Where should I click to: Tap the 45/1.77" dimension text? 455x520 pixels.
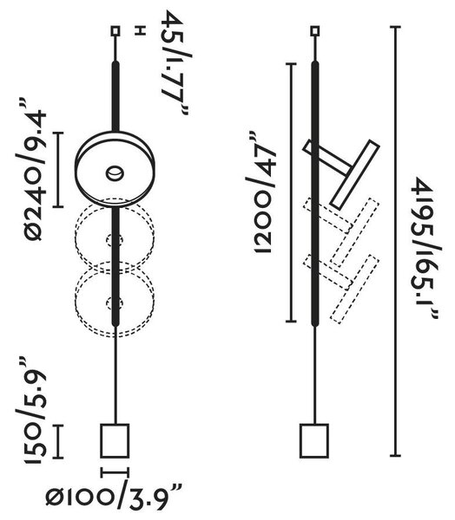[x=176, y=63]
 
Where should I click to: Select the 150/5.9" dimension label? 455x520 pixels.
[x=31, y=410]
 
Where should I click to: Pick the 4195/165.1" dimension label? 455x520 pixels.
[x=425, y=248]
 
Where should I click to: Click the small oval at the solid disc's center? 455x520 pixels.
[x=115, y=173]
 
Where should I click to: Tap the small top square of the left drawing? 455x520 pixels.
[x=115, y=31]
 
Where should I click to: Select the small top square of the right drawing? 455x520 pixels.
[x=314, y=31]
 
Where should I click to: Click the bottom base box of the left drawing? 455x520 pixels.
[x=115, y=441]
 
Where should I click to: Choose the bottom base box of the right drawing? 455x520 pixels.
[x=314, y=441]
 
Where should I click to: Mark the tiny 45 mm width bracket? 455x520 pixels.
[x=141, y=31]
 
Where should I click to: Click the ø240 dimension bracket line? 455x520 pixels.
[x=58, y=170]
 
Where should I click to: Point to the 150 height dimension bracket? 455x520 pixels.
[x=58, y=441]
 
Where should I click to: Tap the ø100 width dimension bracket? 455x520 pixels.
[x=115, y=472]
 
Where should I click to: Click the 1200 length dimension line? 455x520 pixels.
[x=291, y=192]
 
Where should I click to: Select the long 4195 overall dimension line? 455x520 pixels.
[x=395, y=241]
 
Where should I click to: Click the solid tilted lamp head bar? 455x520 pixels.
[x=355, y=175]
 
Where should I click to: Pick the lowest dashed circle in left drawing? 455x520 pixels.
[x=115, y=299]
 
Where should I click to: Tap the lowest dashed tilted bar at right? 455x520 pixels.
[x=354, y=289]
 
